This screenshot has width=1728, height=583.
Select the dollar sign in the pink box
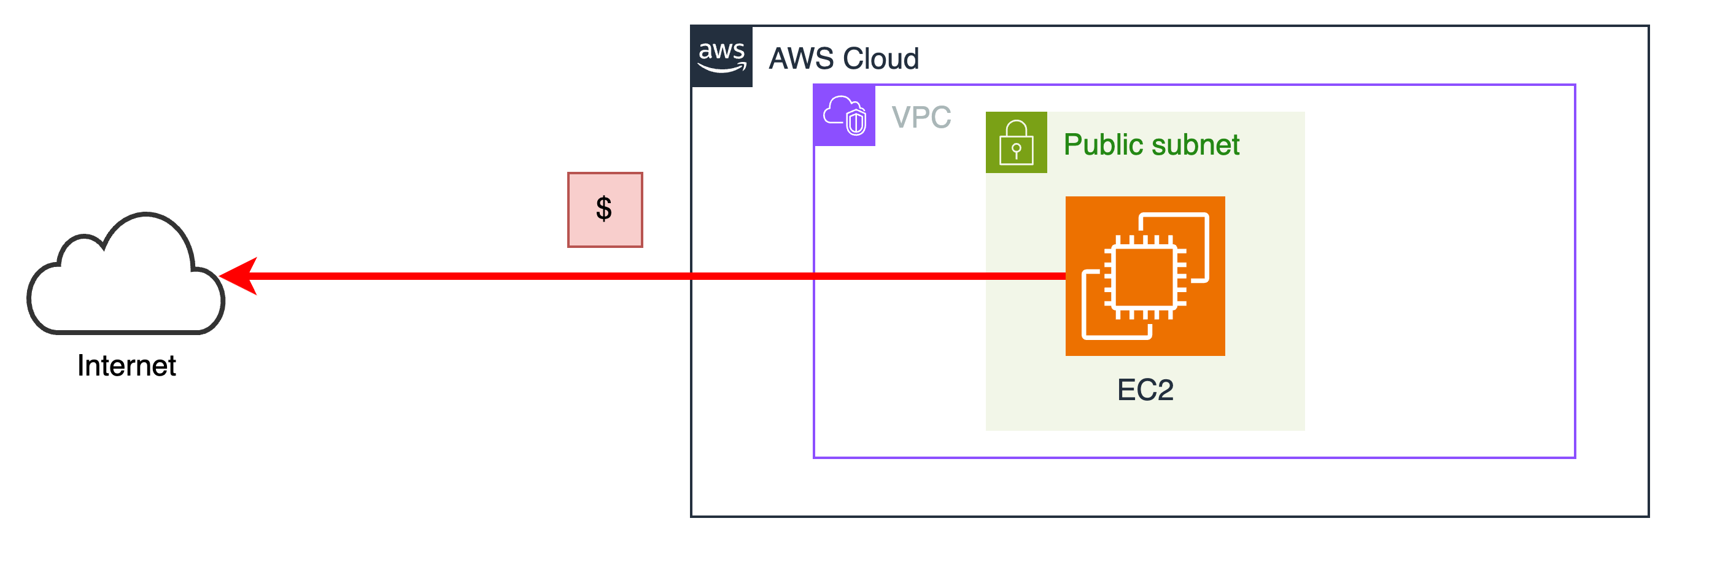point(604,209)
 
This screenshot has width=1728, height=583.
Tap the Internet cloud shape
point(125,282)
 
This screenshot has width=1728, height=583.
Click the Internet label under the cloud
point(126,366)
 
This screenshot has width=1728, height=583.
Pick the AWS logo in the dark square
point(722,56)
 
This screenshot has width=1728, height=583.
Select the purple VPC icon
point(845,115)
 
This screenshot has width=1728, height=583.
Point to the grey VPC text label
point(921,117)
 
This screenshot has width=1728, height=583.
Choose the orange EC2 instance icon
point(1145,276)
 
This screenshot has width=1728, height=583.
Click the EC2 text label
point(1145,390)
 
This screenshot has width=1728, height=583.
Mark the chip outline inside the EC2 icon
point(1145,276)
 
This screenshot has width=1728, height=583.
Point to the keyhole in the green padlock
point(1017,150)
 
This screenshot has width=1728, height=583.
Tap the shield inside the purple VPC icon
point(856,123)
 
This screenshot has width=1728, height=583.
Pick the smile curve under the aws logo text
point(722,67)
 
